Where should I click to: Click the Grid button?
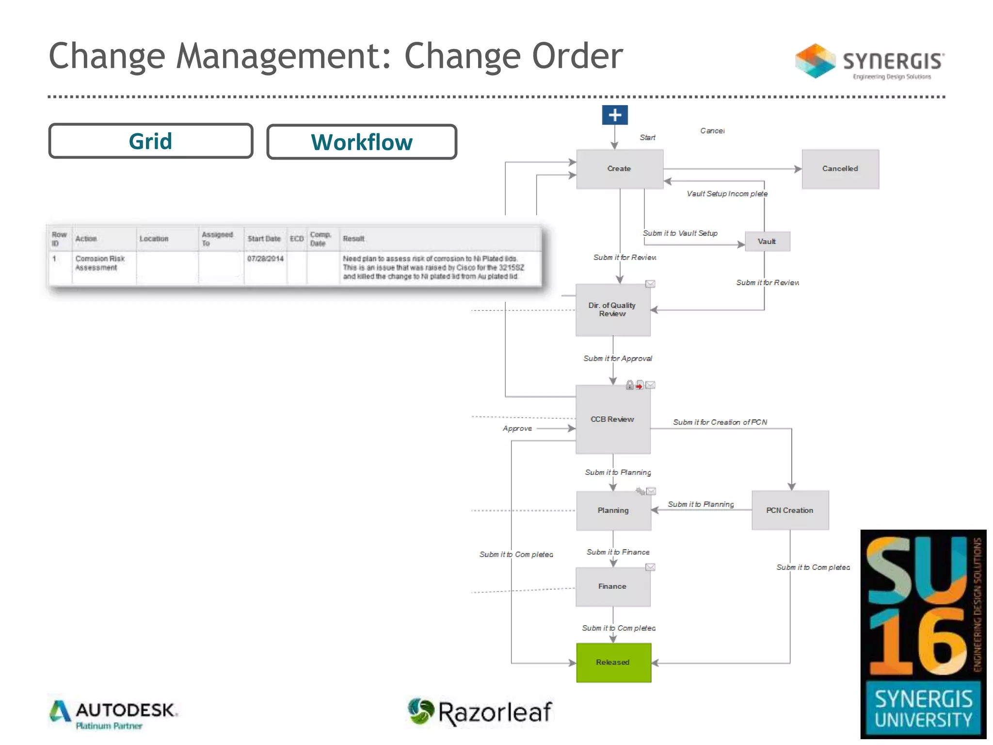point(150,141)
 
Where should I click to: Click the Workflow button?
point(362,142)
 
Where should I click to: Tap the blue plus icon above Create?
point(615,115)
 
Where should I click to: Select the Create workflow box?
point(619,169)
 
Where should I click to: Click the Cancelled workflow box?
point(840,169)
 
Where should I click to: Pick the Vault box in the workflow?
point(767,242)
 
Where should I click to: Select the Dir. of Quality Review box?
point(612,310)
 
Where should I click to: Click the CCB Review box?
point(612,420)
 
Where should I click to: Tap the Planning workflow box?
point(613,510)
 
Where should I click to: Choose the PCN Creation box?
point(790,510)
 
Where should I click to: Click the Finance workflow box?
point(612,586)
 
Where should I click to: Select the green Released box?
point(613,663)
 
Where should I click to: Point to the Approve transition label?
point(517,429)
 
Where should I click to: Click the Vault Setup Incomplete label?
point(727,194)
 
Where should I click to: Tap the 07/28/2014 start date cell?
point(265,259)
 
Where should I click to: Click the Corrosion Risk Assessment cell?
point(100,263)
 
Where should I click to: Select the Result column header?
point(353,239)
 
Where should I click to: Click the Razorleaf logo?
point(480,712)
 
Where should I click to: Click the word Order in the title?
point(577,56)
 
